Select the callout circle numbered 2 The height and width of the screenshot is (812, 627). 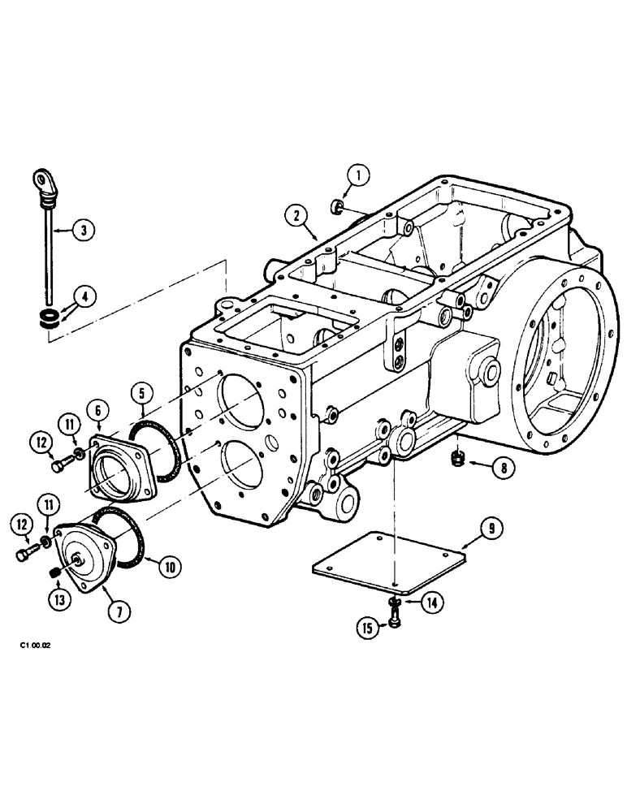click(296, 215)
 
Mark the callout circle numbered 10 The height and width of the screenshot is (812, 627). click(170, 565)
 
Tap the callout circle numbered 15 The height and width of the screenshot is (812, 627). click(370, 628)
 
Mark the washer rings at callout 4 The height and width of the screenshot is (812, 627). click(49, 317)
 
